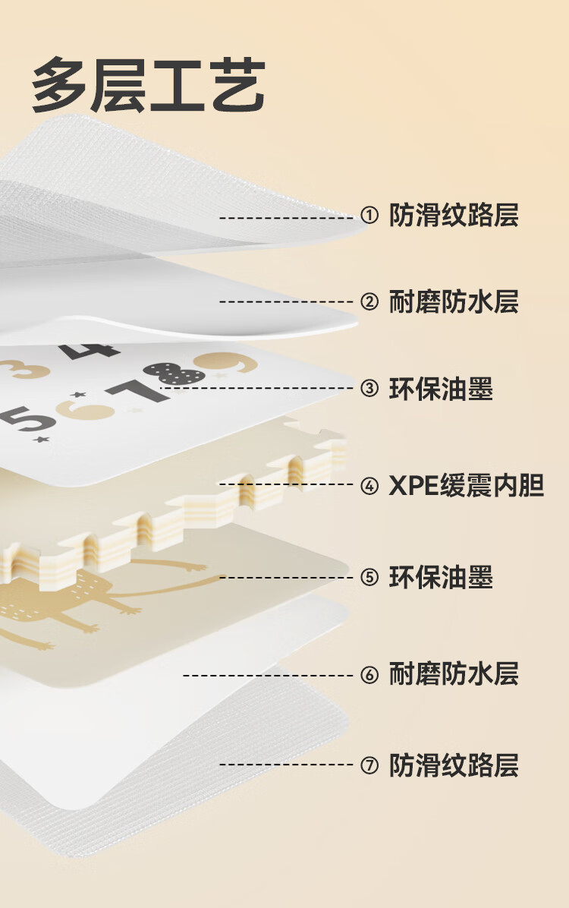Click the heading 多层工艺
point(148,86)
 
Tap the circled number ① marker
point(369,216)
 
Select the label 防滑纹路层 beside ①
point(454,216)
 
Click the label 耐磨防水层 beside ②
point(454,302)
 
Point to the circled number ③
point(369,389)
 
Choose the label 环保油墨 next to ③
point(441,389)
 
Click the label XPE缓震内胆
point(467,485)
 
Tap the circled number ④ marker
point(369,485)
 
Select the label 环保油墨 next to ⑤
point(441,577)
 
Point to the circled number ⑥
point(369,674)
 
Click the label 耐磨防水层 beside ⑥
point(454,673)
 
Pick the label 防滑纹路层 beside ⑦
point(454,765)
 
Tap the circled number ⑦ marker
point(369,765)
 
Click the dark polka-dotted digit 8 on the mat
point(174,373)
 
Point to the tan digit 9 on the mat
point(225,363)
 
